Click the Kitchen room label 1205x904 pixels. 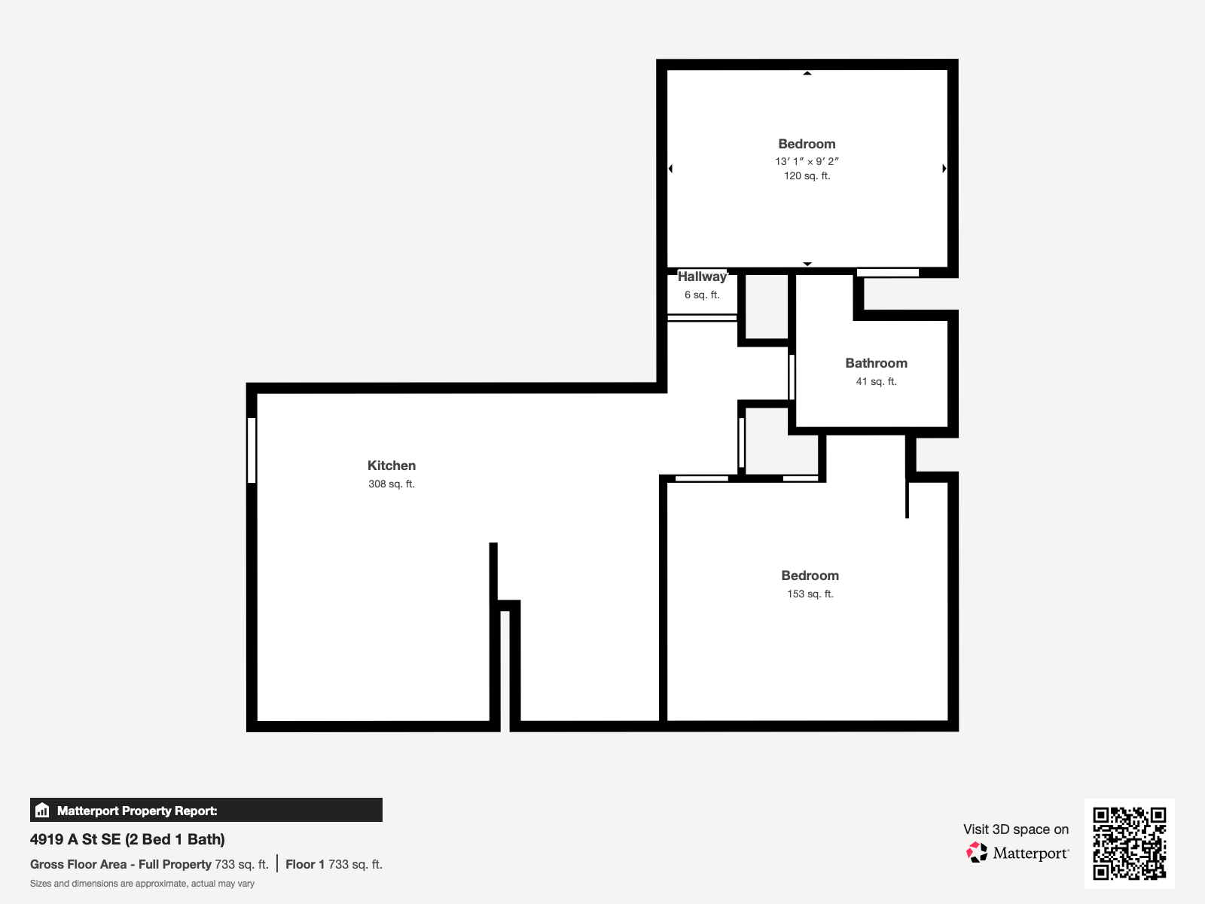click(x=392, y=466)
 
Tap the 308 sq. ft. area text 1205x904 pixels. click(x=392, y=484)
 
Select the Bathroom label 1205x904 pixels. click(x=876, y=363)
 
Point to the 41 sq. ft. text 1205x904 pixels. click(x=876, y=381)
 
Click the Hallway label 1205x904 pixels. click(x=702, y=276)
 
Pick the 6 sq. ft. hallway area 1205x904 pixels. click(x=702, y=295)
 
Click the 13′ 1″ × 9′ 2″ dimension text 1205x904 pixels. click(x=807, y=161)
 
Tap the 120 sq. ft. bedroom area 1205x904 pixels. click(x=807, y=176)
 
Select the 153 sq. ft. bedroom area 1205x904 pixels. click(x=810, y=594)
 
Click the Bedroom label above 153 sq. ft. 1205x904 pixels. click(x=810, y=576)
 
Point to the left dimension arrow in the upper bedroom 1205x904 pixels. click(x=670, y=169)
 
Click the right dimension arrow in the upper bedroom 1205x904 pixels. click(x=944, y=169)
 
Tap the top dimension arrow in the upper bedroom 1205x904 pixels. click(x=807, y=73)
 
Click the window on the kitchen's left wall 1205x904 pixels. click(x=252, y=450)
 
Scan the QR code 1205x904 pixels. click(x=1129, y=844)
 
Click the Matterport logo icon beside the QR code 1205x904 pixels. click(x=977, y=853)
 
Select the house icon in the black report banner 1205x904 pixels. click(x=42, y=810)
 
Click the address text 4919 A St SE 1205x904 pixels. click(x=75, y=839)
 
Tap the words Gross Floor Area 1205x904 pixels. click(x=78, y=865)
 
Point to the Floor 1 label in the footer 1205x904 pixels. click(x=305, y=865)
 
